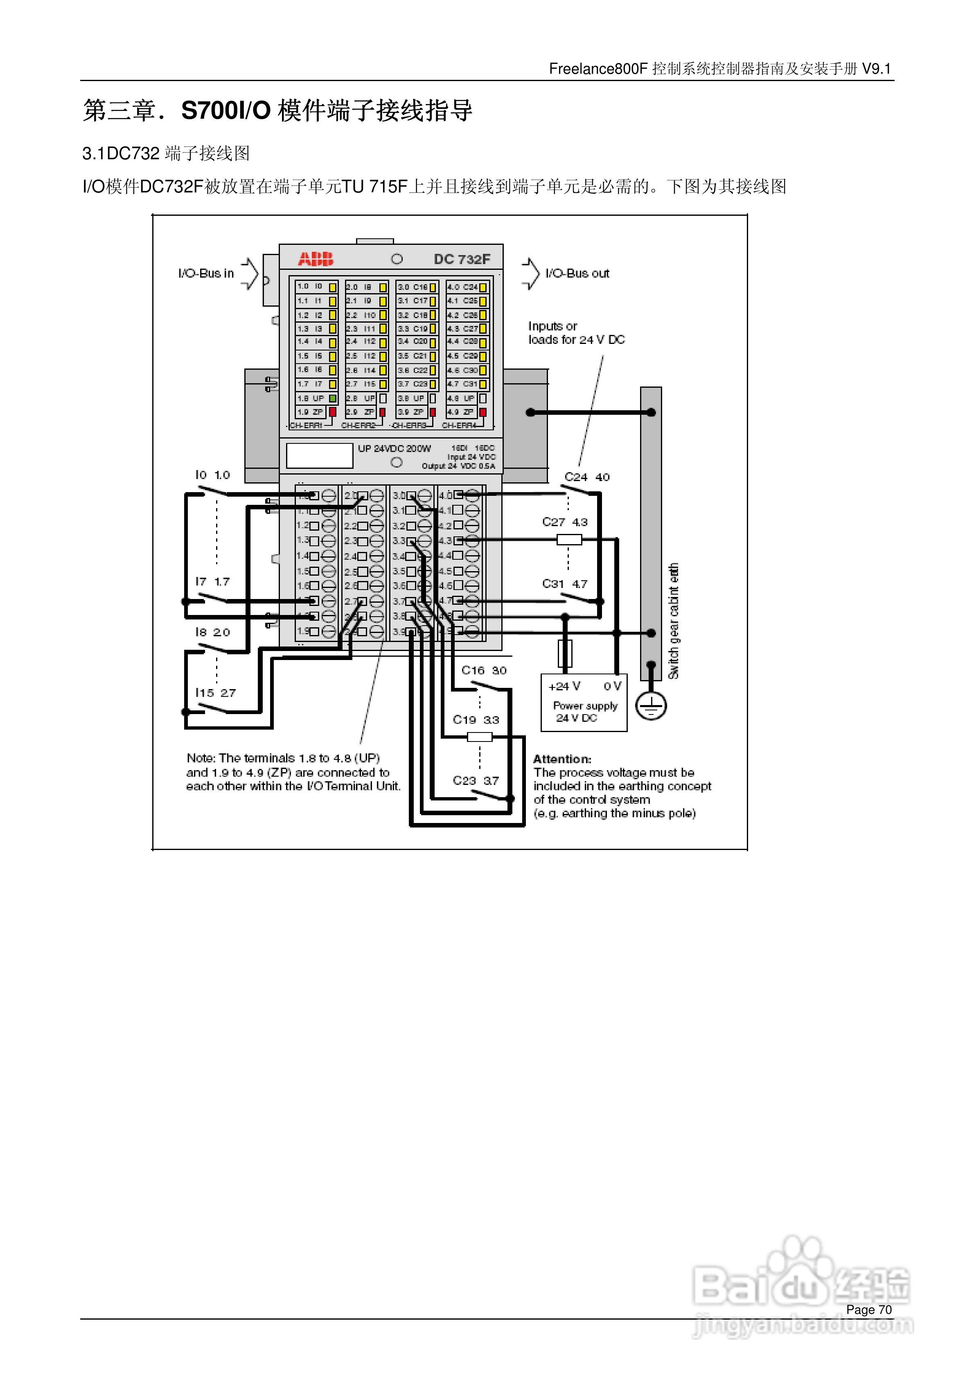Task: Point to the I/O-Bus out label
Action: tap(577, 273)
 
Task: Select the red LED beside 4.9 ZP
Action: tap(482, 412)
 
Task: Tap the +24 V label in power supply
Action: tap(564, 686)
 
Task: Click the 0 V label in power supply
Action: tap(612, 686)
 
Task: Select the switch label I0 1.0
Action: tap(212, 475)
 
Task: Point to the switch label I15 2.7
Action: tap(216, 692)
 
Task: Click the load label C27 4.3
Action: tap(564, 522)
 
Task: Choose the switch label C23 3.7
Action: tap(476, 780)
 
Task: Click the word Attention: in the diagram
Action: tap(562, 759)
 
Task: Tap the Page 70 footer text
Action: tap(868, 1309)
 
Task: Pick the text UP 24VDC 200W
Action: tap(394, 448)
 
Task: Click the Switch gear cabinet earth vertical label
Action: tap(674, 621)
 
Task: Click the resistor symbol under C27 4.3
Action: tap(569, 539)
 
